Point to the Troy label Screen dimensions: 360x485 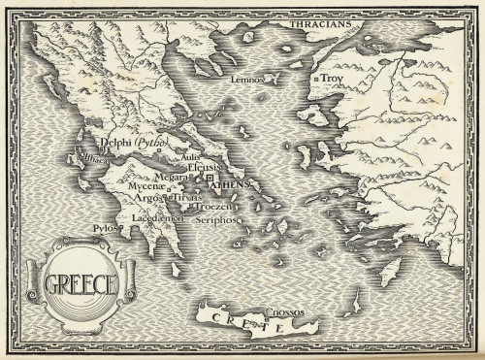pos(334,78)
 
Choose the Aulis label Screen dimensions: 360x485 pos(190,156)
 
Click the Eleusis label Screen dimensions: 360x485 pos(206,167)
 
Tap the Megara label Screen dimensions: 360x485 pos(171,177)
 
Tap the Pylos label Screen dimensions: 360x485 pos(104,229)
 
